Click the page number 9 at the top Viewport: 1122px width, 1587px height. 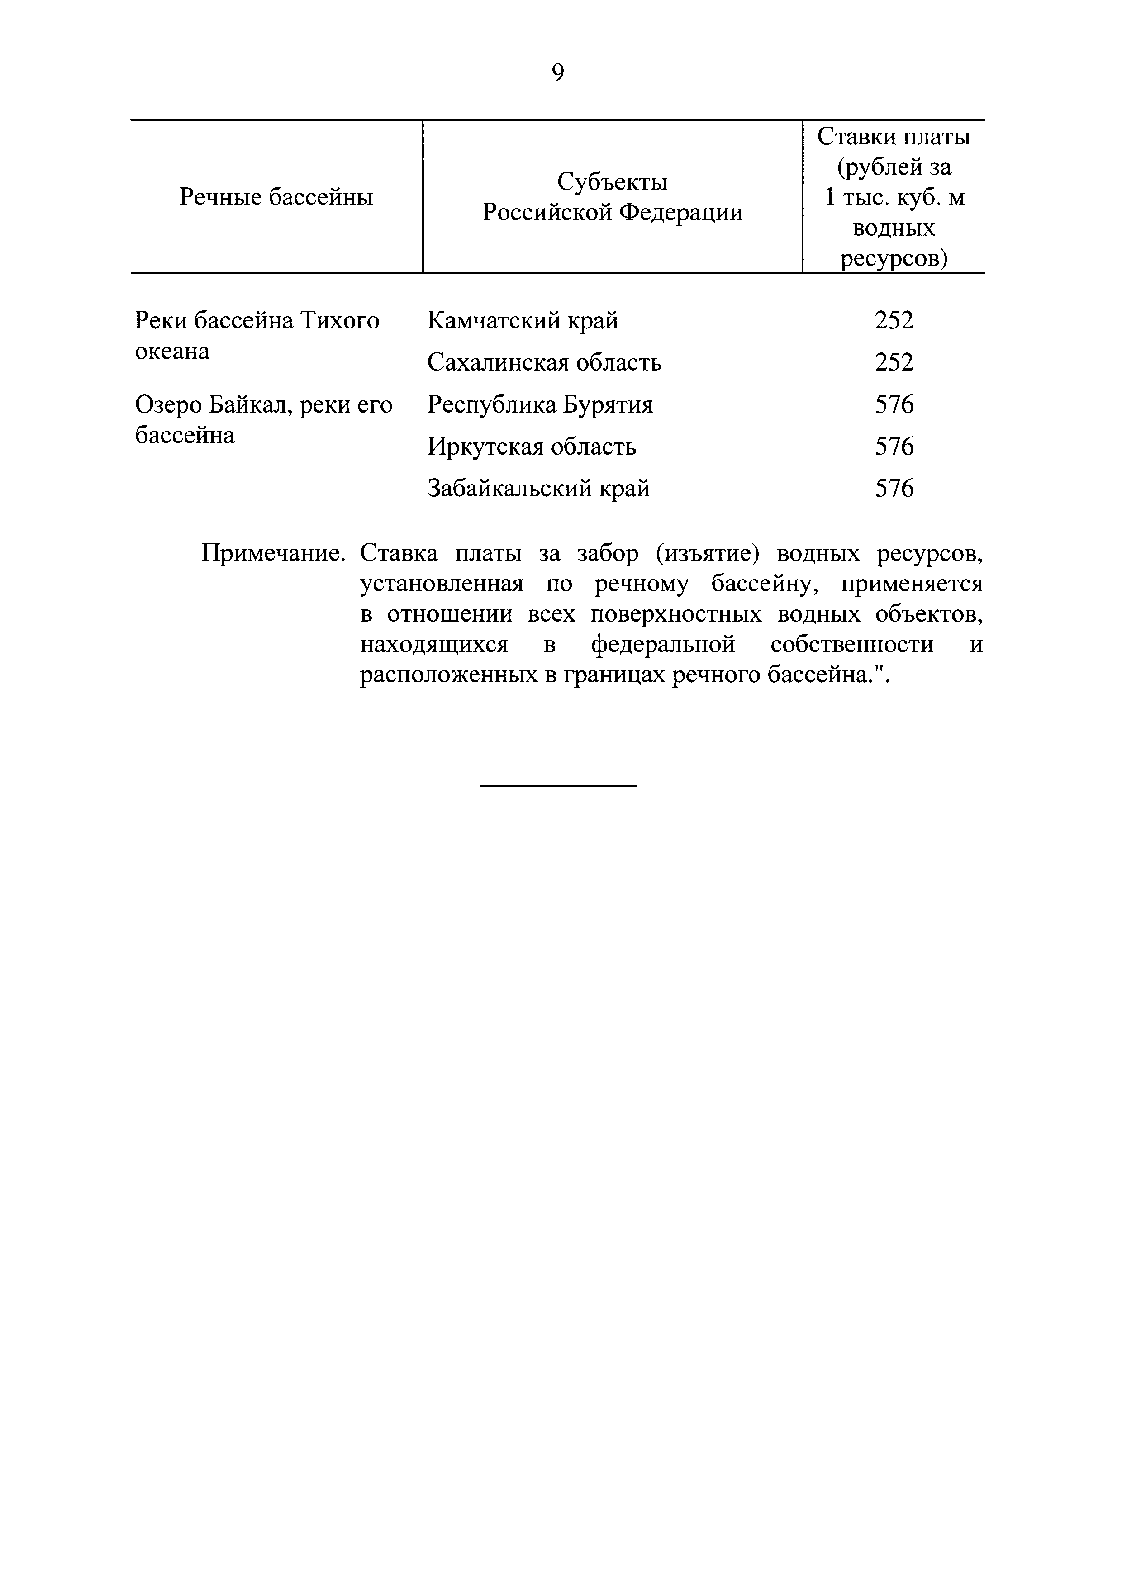point(558,72)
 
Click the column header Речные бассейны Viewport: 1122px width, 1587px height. point(276,198)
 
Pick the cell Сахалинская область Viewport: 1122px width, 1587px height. point(544,362)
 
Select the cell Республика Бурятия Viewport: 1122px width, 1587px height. point(540,404)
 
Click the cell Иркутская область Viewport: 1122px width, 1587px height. point(531,447)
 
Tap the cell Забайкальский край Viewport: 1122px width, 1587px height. point(538,489)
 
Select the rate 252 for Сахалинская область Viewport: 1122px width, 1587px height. point(894,362)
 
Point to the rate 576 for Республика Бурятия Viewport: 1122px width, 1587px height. point(894,404)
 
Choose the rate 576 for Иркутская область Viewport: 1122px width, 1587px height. point(894,447)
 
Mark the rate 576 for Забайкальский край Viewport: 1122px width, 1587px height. point(894,489)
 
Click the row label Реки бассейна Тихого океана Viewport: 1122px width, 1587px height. point(257,336)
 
